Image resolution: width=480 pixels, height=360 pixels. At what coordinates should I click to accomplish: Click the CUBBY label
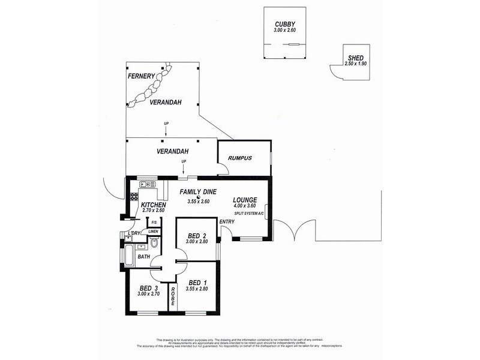[285, 23]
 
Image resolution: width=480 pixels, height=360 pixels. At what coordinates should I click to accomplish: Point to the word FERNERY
[141, 76]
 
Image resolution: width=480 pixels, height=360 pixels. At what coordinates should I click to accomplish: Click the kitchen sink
[146, 184]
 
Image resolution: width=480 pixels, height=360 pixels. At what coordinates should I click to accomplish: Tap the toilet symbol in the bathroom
[154, 244]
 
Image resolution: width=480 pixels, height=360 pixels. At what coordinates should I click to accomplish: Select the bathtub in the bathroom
[129, 253]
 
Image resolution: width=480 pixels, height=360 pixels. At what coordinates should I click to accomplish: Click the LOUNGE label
[245, 200]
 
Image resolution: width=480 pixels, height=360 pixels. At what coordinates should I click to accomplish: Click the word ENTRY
[227, 222]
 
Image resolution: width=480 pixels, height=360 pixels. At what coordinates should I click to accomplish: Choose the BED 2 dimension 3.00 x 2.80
[197, 241]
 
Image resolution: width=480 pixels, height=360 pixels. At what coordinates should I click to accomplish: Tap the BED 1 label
[197, 283]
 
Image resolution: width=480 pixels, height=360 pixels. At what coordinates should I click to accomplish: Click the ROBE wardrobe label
[173, 297]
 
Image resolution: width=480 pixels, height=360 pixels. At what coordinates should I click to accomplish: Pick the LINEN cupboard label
[154, 231]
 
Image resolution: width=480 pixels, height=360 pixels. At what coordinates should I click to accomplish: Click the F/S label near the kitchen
[154, 221]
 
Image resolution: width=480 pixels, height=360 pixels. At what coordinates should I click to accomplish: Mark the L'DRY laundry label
[134, 233]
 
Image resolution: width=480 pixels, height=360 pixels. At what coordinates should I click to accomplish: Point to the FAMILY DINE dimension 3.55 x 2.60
[198, 201]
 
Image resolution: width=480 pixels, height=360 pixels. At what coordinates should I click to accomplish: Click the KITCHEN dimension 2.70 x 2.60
[153, 211]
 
